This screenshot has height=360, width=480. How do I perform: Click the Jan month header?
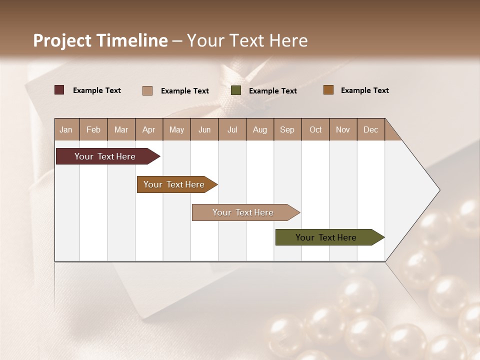click(x=66, y=129)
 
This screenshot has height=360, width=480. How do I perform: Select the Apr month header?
click(x=149, y=129)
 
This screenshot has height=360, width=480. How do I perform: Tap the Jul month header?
click(x=232, y=129)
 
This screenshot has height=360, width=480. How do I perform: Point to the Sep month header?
click(x=287, y=129)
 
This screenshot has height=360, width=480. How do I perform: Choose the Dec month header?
click(x=370, y=129)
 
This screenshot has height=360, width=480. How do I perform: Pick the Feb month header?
click(x=93, y=129)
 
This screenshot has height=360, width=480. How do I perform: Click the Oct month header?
click(x=315, y=129)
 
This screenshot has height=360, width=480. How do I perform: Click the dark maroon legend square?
click(x=59, y=90)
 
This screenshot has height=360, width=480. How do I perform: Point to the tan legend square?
click(x=147, y=90)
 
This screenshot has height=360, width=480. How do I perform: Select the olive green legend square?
click(x=236, y=90)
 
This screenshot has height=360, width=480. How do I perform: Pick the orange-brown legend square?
click(x=328, y=90)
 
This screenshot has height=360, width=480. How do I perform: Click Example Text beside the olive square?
click(x=272, y=90)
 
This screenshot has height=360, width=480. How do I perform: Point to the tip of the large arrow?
click(x=438, y=190)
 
